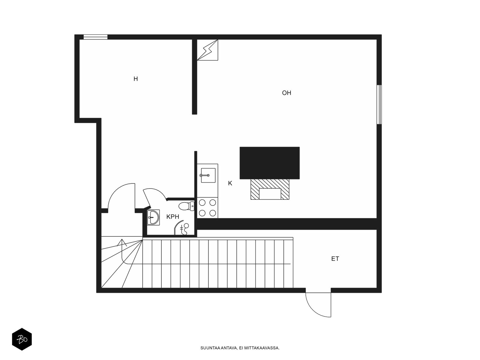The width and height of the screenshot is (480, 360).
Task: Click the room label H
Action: (136, 79)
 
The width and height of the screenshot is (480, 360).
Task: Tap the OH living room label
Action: (286, 93)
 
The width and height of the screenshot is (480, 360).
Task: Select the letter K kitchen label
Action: (230, 183)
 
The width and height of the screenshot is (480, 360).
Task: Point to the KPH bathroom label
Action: (173, 217)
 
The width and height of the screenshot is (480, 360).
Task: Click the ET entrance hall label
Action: (335, 259)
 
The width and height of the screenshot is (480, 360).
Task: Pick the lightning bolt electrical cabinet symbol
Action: (208, 50)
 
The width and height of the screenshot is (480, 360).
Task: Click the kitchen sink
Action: (208, 175)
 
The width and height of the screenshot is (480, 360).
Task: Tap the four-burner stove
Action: (208, 208)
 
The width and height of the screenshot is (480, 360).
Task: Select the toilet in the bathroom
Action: (186, 206)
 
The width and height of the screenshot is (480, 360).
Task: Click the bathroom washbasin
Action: (153, 217)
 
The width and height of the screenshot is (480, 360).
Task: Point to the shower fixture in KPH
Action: (182, 228)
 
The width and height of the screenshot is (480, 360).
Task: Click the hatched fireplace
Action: (270, 189)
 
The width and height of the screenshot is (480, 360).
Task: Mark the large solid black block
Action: (270, 163)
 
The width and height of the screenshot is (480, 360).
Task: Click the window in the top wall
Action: (96, 37)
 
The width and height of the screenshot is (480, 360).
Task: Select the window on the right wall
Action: (379, 105)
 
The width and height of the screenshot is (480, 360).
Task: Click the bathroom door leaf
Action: (147, 198)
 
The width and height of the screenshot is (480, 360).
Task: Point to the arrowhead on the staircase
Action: (122, 242)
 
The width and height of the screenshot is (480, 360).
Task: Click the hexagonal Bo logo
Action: (22, 339)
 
